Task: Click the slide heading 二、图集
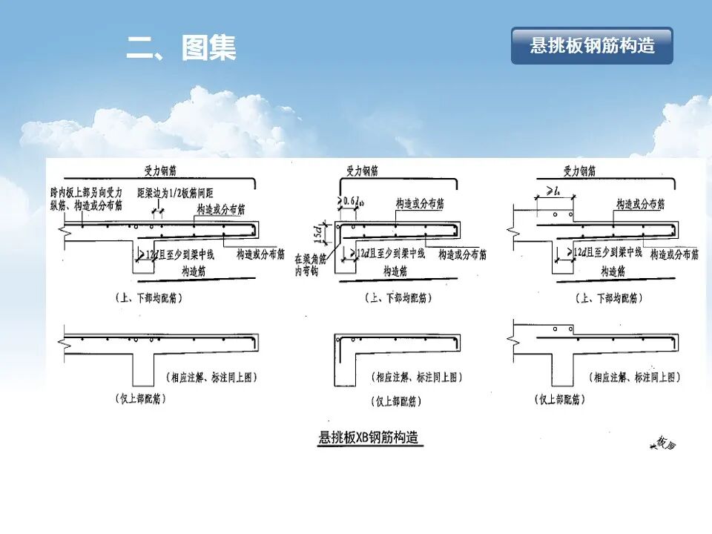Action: pos(182,48)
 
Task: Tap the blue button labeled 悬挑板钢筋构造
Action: pos(592,45)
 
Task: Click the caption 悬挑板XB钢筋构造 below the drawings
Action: pos(369,437)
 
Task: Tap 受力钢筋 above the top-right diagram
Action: pos(579,171)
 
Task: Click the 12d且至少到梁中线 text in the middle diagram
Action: pos(390,254)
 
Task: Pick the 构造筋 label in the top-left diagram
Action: pos(196,272)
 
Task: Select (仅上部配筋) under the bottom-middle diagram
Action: pos(395,401)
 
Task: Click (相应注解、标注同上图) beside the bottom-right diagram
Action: pos(635,377)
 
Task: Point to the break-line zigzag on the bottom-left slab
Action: pos(63,342)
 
